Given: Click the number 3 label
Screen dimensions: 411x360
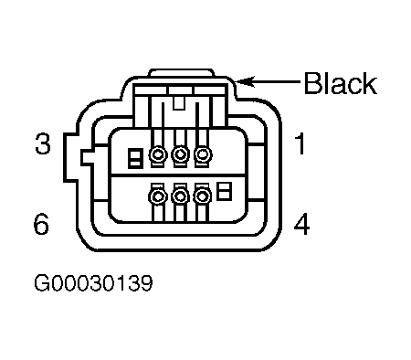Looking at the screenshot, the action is pos(43,143).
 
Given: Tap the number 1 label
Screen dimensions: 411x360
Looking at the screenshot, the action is pos(300,143).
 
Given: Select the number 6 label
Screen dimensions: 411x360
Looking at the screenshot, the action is pos(41,224).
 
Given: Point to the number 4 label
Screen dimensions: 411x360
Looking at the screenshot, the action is pos(301,224).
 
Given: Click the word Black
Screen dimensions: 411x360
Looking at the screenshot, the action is pos(341,82).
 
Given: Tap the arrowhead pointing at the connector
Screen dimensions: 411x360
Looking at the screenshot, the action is pos(245,81).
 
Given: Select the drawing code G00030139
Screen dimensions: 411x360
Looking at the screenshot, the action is pos(93,283).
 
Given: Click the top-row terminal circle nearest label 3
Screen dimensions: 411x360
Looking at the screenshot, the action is pos(158,154).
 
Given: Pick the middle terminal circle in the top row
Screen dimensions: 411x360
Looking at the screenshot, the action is pos(181,154).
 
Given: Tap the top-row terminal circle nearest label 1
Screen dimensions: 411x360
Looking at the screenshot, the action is pos(203,154).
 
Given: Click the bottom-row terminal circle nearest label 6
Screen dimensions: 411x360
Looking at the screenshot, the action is pos(158,196).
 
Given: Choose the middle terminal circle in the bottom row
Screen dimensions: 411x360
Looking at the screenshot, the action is pos(181,196).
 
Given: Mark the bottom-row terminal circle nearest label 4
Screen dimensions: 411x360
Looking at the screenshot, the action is pos(203,196).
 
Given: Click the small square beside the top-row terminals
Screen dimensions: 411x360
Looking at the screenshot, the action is pos(136,158).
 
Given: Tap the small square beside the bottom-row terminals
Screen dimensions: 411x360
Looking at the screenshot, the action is pos(224,191).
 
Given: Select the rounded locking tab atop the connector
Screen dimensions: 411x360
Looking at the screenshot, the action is pos(182,72).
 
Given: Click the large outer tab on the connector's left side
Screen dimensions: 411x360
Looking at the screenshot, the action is pos(70,157).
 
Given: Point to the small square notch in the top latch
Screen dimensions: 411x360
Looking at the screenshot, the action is pos(179,103).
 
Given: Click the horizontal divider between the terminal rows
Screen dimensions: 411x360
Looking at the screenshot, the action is pos(179,175).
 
